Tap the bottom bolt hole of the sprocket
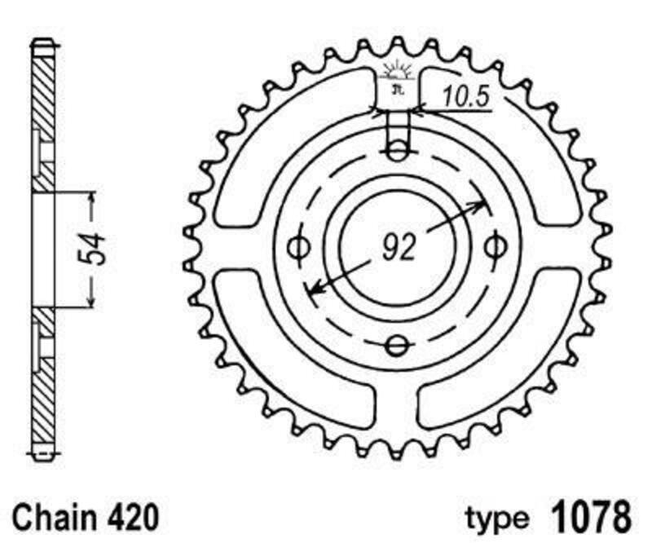tap(397, 347)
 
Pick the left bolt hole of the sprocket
tap(298, 246)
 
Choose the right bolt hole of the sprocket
tap(494, 246)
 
